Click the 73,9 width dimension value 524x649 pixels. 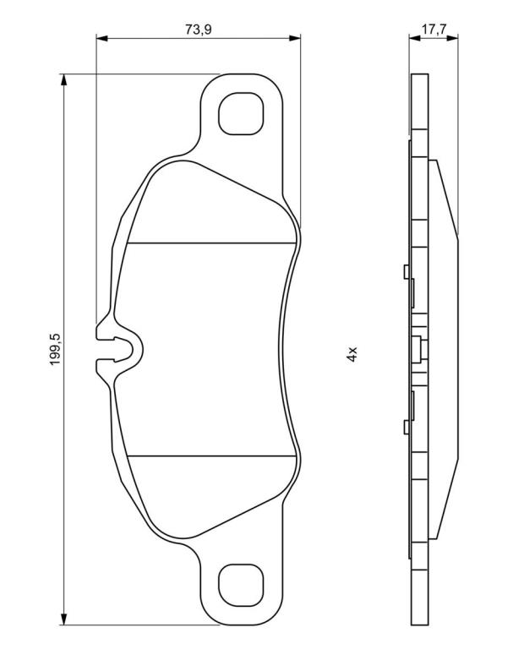tap(199, 30)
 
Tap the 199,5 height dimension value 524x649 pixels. tap(56, 348)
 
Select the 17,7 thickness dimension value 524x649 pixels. tap(434, 30)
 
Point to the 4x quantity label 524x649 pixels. tap(352, 355)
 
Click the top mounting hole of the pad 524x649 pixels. tap(241, 113)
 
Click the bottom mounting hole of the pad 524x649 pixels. tap(241, 586)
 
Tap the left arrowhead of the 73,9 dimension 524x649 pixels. tap(101, 38)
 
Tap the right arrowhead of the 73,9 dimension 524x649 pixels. tap(295, 38)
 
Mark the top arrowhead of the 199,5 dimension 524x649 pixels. tap(63, 80)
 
